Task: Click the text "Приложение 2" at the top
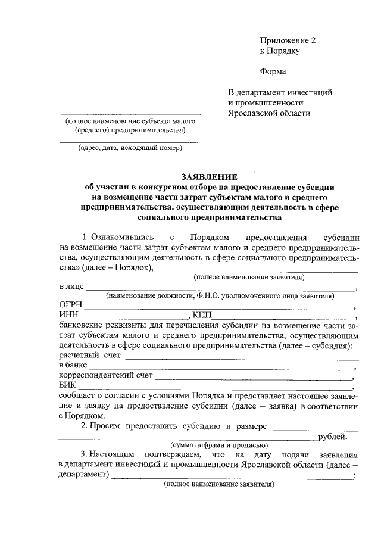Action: (287, 40)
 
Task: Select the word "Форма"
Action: (273, 72)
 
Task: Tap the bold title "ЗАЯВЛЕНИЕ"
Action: (209, 176)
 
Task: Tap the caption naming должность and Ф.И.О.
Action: (220, 296)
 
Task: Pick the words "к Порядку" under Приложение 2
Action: (279, 51)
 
